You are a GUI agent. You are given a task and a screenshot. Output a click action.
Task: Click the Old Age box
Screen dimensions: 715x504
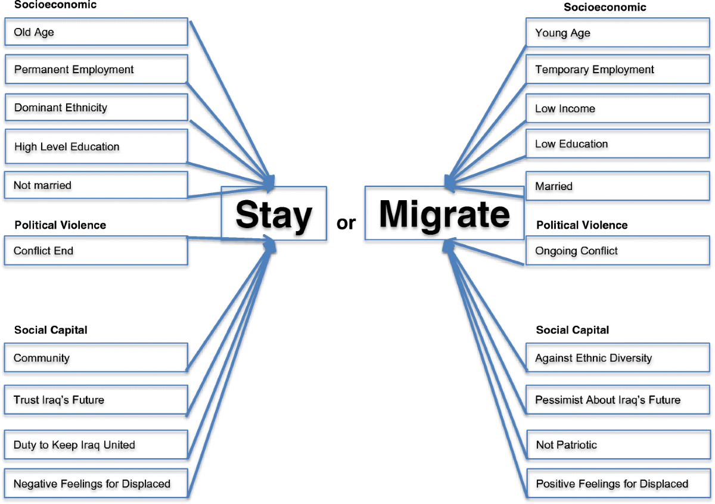click(96, 32)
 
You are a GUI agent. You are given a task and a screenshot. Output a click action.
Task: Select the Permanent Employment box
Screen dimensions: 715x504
click(96, 70)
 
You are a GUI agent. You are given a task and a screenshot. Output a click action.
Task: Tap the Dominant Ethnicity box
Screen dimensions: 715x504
click(96, 108)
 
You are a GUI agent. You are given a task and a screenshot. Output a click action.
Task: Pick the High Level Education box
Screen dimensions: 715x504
click(96, 147)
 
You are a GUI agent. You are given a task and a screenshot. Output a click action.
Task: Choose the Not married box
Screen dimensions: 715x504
click(96, 185)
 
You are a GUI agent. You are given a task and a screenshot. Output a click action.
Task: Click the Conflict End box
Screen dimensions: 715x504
click(96, 251)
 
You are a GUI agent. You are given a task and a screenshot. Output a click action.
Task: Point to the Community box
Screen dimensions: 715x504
click(96, 358)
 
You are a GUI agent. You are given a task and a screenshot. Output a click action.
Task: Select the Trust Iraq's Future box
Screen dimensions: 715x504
click(96, 400)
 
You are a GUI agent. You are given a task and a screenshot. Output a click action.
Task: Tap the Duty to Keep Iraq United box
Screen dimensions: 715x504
click(96, 444)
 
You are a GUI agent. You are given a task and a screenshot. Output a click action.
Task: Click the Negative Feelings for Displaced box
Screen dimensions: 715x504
click(96, 483)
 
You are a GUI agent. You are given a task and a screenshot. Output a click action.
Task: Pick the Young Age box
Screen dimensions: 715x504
click(619, 33)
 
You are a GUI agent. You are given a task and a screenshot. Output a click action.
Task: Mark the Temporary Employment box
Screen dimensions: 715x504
click(619, 70)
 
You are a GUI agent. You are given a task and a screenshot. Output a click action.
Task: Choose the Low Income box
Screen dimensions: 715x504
click(619, 108)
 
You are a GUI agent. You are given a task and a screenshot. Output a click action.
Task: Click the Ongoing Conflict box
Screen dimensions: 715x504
click(619, 251)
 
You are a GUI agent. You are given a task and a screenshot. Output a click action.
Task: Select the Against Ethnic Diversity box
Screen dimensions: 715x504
click(619, 358)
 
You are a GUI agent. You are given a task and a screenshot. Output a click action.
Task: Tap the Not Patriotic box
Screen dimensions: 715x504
click(619, 444)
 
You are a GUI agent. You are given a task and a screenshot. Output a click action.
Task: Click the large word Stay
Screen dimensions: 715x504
click(273, 214)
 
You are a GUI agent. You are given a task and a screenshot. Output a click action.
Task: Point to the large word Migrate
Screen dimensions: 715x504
click(444, 213)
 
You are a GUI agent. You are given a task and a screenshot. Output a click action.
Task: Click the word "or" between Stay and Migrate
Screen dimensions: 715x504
click(346, 223)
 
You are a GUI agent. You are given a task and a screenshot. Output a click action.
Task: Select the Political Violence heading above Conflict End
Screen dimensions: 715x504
click(60, 225)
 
